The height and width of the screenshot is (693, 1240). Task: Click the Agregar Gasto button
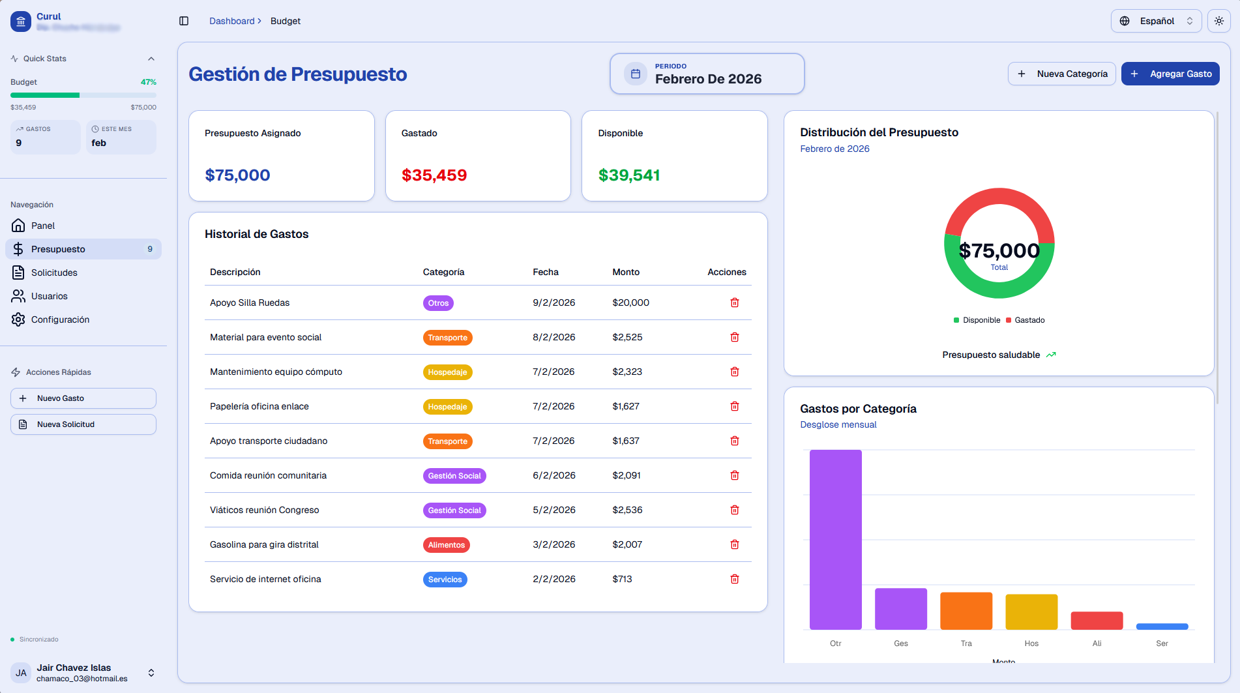[1170, 74]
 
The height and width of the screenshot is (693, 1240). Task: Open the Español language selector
[1155, 21]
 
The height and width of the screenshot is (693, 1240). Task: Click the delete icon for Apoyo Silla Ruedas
[734, 302]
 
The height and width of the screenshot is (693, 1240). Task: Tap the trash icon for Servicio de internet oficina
[734, 579]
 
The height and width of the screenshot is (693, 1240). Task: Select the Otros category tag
[438, 303]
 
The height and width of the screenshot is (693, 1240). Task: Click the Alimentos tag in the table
[446, 545]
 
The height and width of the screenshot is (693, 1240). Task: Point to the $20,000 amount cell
[630, 302]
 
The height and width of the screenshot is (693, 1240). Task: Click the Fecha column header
[545, 272]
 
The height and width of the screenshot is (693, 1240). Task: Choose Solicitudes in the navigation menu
[54, 273]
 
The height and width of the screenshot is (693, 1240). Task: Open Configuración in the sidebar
[60, 319]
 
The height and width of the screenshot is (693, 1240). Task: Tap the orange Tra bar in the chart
[966, 611]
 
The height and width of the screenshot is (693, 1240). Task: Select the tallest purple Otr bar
[835, 539]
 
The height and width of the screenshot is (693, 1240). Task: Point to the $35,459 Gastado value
[434, 175]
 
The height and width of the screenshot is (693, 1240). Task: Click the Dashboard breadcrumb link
[231, 21]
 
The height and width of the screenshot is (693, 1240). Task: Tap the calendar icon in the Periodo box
[636, 74]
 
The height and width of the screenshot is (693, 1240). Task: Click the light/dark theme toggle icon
[1218, 21]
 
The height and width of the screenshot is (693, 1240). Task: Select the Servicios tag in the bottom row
[445, 580]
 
